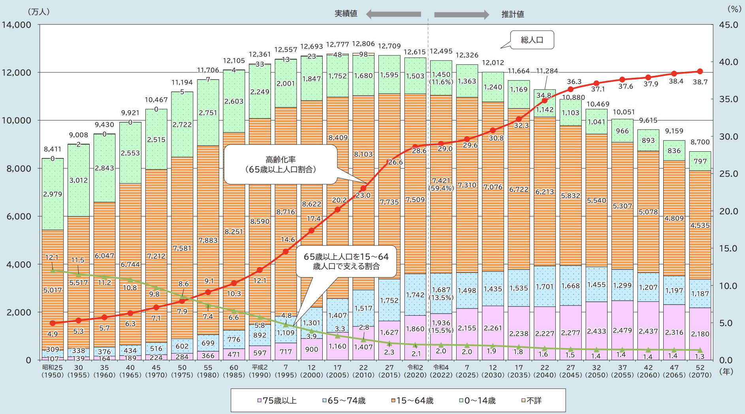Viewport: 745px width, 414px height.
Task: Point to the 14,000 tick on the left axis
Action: click(x=17, y=25)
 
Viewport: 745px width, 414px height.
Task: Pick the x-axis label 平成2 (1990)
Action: click(x=260, y=371)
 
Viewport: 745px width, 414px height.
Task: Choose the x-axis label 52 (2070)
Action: click(x=700, y=371)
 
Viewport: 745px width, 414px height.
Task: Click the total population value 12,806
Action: click(x=363, y=44)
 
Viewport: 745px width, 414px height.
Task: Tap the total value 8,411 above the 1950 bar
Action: click(x=53, y=149)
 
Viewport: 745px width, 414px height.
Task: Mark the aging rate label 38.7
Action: click(x=700, y=82)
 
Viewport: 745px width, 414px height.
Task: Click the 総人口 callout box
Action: click(x=532, y=40)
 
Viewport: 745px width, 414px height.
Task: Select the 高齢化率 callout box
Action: click(x=280, y=165)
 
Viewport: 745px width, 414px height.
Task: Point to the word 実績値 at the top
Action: click(x=346, y=14)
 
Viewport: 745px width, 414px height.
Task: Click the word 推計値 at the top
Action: click(x=512, y=14)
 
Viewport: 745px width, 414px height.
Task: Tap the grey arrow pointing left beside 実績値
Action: click(x=393, y=14)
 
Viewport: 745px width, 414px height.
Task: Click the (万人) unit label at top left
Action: click(x=39, y=12)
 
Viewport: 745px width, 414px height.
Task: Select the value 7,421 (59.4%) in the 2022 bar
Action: click(x=441, y=184)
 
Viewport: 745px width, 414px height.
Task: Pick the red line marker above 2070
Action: click(x=700, y=72)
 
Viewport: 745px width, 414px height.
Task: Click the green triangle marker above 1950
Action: click(x=53, y=270)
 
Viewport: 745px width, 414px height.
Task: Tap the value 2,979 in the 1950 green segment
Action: click(x=53, y=194)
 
